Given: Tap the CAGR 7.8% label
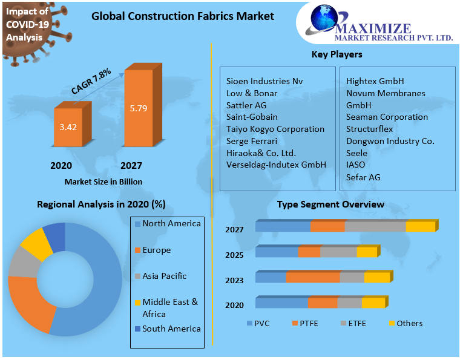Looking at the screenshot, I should click(x=91, y=81).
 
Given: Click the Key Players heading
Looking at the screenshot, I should click(x=337, y=54).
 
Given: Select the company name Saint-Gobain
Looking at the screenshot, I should click(x=252, y=117).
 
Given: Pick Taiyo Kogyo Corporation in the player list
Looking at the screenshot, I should click(x=275, y=129).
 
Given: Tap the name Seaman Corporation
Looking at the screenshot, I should click(x=387, y=117).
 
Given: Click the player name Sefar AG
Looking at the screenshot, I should click(x=363, y=177).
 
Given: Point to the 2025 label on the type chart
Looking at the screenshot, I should click(x=234, y=255).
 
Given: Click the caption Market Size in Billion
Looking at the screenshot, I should click(x=102, y=181).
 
